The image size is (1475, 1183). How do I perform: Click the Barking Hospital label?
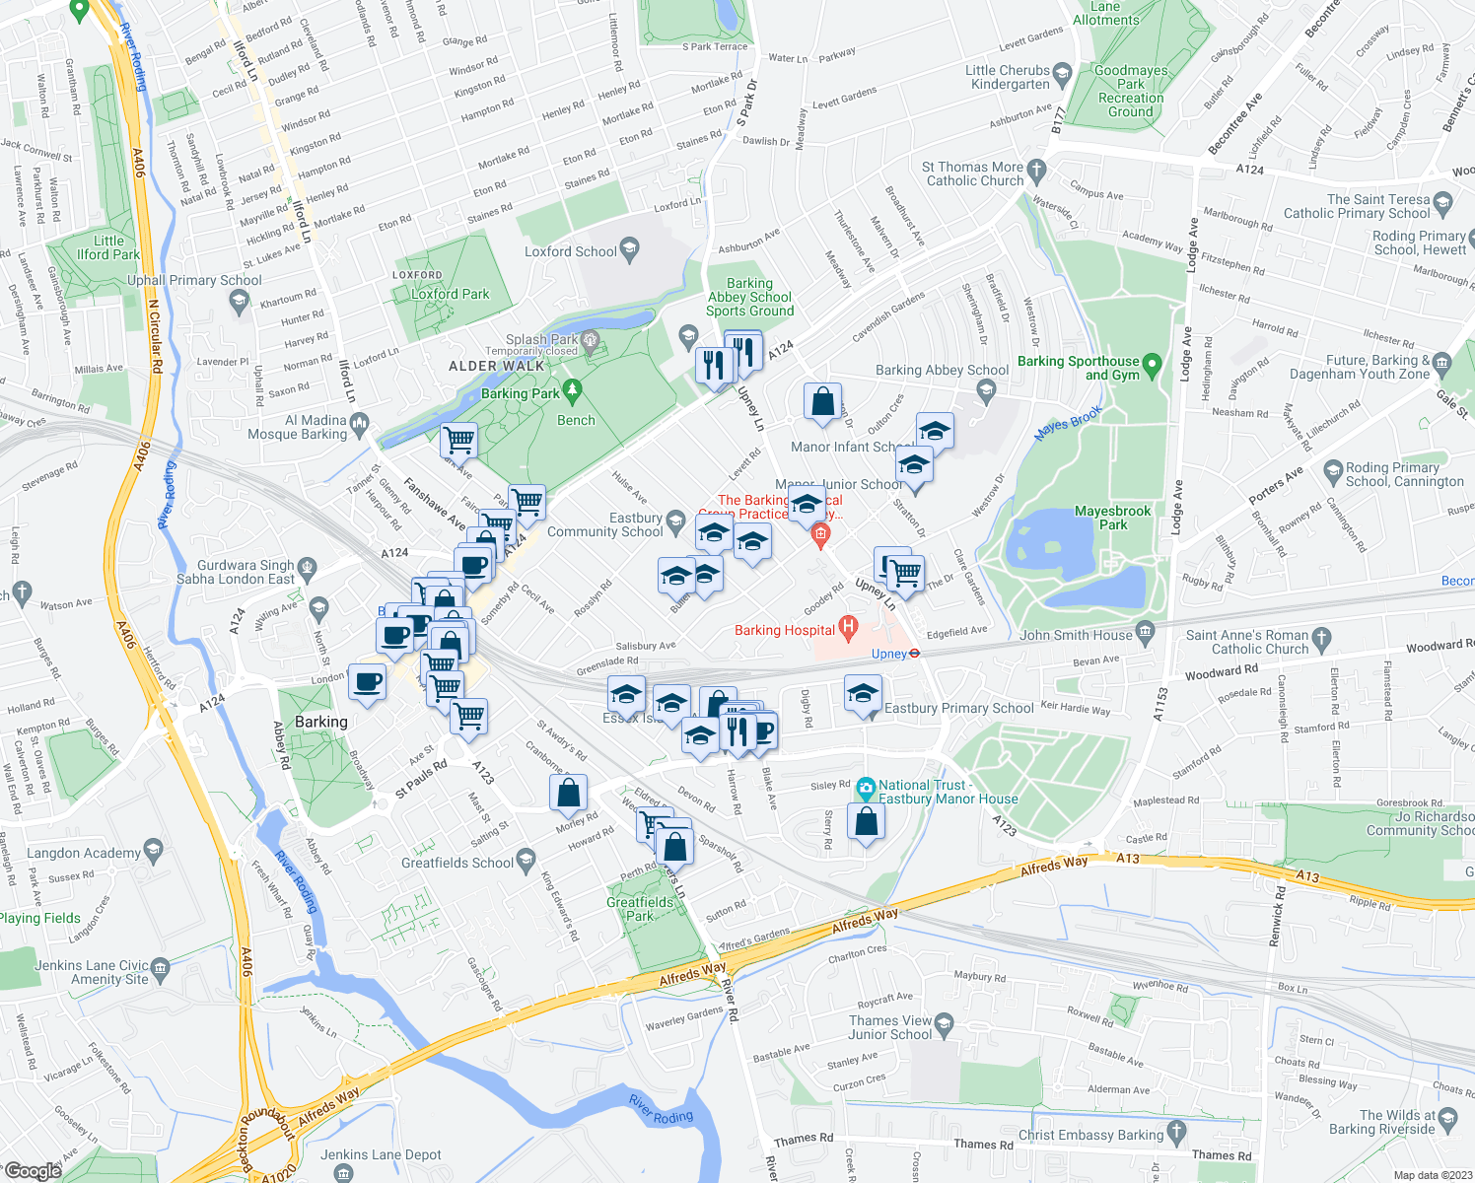[x=785, y=630]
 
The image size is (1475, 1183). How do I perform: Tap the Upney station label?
[x=888, y=654]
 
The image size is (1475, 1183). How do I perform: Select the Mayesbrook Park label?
[x=1112, y=518]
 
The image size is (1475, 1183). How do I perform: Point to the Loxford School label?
[x=570, y=251]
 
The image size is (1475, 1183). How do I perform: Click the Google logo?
[x=33, y=1170]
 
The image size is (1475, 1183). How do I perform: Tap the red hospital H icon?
[x=847, y=627]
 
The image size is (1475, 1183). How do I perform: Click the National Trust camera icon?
[x=866, y=787]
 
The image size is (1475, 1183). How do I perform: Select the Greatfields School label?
[x=457, y=863]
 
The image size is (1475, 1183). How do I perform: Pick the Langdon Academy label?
[x=84, y=853]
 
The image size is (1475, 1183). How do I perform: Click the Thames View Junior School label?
[x=889, y=1027]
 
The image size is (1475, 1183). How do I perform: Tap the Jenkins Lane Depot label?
[x=381, y=1154]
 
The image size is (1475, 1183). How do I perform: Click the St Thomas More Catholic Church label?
[x=973, y=174]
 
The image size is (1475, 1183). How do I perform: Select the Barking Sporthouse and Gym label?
[x=1078, y=368]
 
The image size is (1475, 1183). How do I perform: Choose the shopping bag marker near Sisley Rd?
[x=866, y=822]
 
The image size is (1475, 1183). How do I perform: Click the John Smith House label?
[x=1076, y=635]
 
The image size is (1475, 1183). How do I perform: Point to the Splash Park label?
[x=541, y=339]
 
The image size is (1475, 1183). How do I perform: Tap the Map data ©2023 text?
[x=1433, y=1175]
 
